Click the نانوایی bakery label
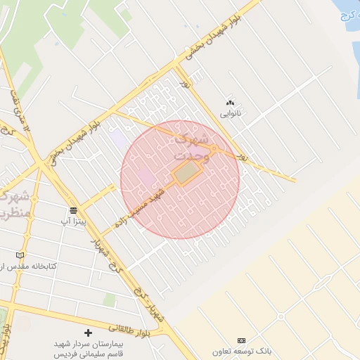(x=230, y=112)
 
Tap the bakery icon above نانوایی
(x=230, y=103)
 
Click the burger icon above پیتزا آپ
(x=73, y=210)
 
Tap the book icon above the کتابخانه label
(x=20, y=255)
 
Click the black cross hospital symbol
(x=88, y=333)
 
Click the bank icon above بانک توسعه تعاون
(x=242, y=340)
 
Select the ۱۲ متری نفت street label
(x=20, y=111)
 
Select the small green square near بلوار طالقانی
(x=109, y=300)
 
